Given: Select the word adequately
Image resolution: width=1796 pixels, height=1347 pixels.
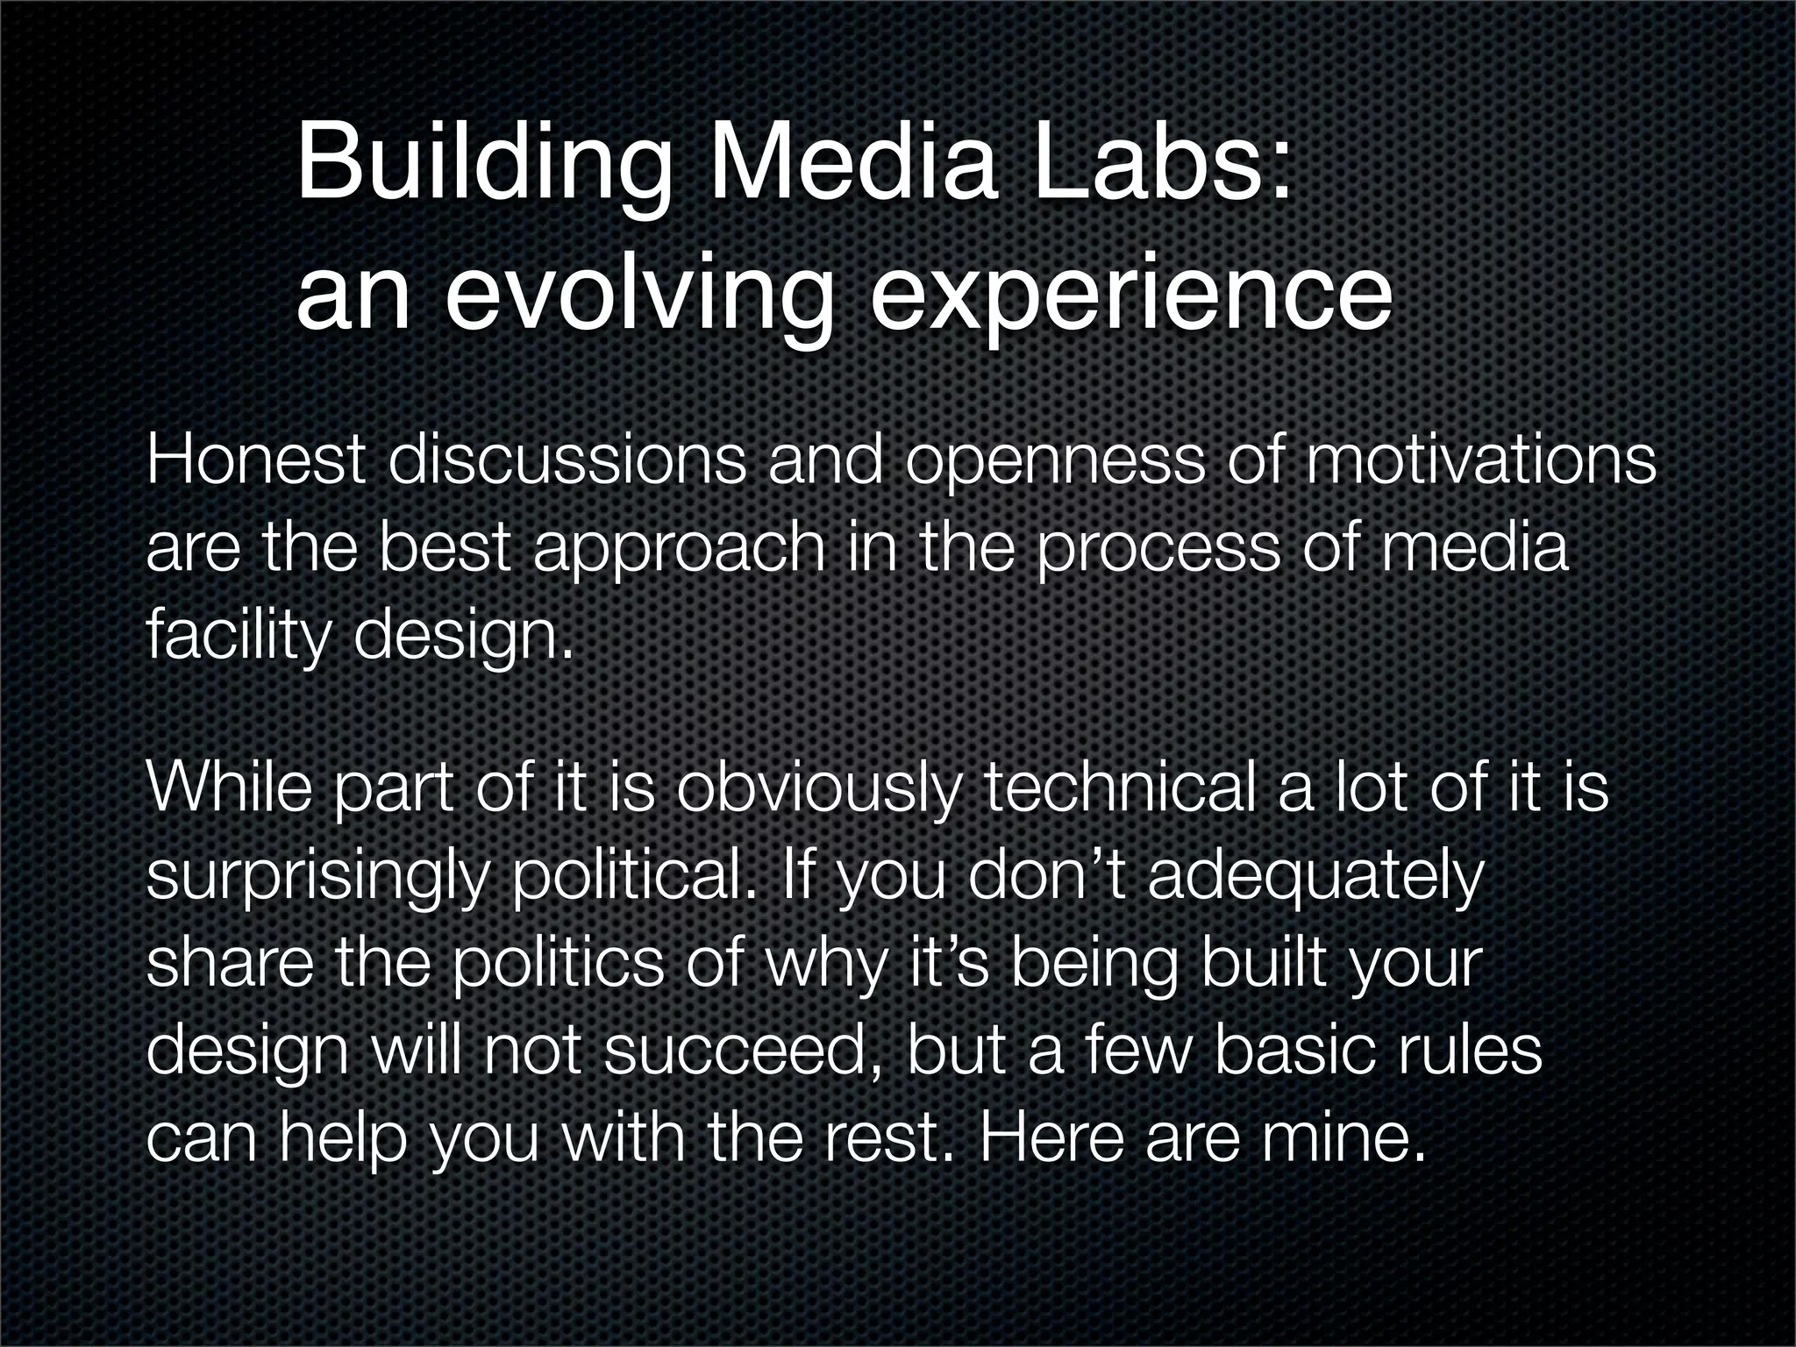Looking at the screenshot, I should (x=1315, y=878).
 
